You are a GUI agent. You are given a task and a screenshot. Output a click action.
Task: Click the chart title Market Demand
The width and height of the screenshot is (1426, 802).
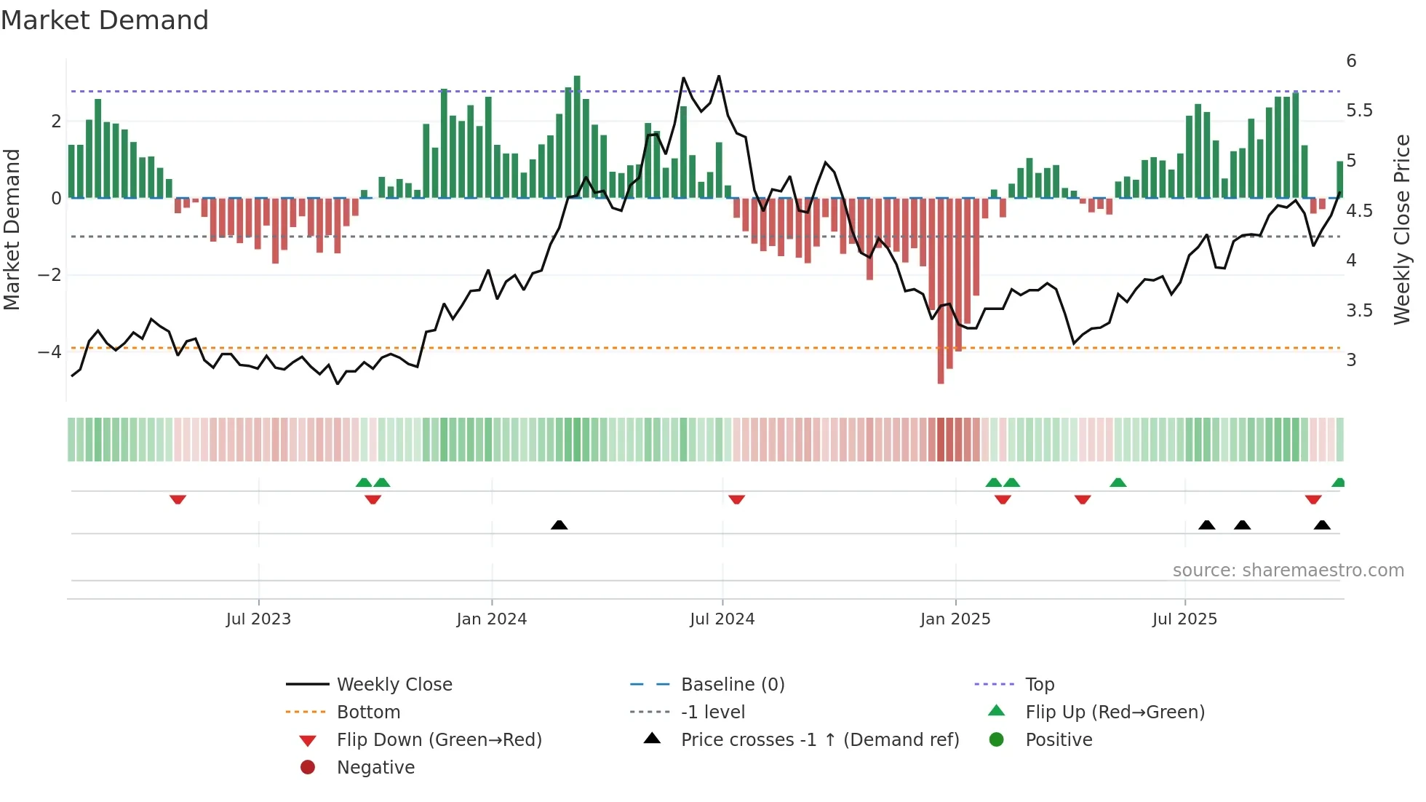click(105, 20)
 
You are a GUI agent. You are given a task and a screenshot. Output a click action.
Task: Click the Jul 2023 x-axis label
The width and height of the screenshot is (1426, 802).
click(258, 619)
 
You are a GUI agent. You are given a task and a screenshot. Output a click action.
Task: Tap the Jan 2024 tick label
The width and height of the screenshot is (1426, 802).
click(491, 619)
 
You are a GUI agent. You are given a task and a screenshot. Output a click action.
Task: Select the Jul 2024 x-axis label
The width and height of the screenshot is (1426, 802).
click(722, 619)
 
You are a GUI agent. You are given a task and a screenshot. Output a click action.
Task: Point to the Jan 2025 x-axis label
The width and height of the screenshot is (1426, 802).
click(955, 619)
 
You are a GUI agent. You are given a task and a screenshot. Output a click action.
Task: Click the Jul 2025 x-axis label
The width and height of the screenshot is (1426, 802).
click(1184, 619)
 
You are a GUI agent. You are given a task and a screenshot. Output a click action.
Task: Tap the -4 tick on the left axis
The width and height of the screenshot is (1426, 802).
click(50, 352)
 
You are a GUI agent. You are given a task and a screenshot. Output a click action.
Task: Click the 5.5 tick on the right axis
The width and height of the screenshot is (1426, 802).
click(1359, 111)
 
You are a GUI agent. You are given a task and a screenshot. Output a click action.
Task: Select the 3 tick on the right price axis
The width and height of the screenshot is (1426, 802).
click(1351, 360)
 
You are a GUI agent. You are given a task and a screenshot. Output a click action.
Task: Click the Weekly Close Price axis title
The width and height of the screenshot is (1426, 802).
click(1401, 229)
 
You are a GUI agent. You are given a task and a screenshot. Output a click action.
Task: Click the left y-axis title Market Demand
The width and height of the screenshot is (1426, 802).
click(12, 229)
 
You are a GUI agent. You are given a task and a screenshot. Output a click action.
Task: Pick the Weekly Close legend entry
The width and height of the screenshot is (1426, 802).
click(394, 685)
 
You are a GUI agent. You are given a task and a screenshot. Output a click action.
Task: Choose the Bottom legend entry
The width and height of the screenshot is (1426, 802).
click(368, 712)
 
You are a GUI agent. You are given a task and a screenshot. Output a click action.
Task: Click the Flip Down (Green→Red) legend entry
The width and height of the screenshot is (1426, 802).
click(439, 740)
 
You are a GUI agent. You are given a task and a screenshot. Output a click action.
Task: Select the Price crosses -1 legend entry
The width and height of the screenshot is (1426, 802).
click(819, 740)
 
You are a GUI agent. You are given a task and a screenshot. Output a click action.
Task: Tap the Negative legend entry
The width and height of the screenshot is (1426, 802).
click(375, 768)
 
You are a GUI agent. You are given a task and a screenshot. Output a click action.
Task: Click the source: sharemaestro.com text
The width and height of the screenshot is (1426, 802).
click(1288, 571)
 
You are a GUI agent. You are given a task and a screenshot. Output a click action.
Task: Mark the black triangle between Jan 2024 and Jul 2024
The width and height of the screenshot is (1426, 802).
click(559, 525)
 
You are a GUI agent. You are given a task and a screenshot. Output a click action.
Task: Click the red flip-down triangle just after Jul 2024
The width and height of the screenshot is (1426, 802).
click(736, 500)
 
